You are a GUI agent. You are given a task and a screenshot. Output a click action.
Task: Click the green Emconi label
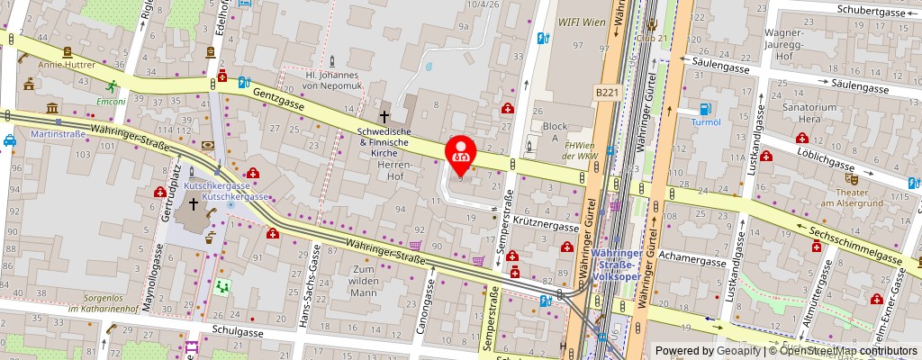point(111,102)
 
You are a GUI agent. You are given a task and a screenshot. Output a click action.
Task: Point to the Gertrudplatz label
point(165,192)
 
